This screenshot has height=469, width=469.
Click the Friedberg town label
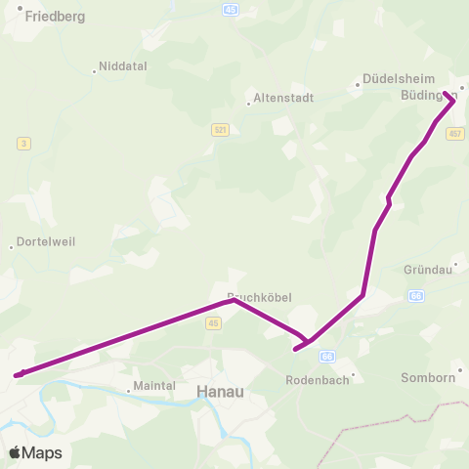[x=55, y=17]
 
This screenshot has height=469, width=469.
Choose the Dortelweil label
[x=47, y=241]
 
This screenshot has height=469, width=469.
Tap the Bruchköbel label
[x=259, y=296]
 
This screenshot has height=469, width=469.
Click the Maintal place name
[x=153, y=386]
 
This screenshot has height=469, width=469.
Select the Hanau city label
[x=220, y=390]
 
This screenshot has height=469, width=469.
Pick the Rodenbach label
[x=317, y=380]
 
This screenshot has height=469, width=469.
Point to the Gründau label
[x=426, y=269]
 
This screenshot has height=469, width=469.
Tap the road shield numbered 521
[x=220, y=129]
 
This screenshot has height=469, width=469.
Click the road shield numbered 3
[x=22, y=144]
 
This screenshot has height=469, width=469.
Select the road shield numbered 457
[x=454, y=133]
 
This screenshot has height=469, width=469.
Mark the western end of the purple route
[x=17, y=374]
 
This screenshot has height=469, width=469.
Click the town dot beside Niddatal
[x=95, y=70]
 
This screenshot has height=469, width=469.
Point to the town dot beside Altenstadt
[x=248, y=104]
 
